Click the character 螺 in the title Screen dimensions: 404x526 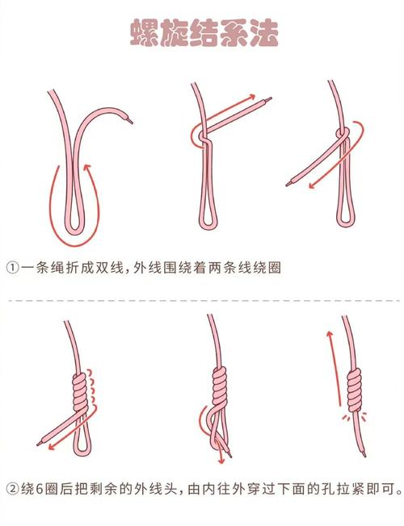[x=145, y=33]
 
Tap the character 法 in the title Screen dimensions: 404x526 [x=264, y=33]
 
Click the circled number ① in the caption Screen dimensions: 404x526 [x=13, y=268]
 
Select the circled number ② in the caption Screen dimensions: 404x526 [x=13, y=489]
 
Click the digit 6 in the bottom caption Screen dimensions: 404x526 [x=39, y=489]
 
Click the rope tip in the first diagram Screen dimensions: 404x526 [x=130, y=121]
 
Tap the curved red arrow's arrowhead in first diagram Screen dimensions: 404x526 [x=87, y=167]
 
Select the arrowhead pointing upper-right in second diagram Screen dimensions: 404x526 [x=251, y=97]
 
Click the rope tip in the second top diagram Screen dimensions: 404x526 [x=268, y=99]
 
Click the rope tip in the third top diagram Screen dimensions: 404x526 [x=289, y=184]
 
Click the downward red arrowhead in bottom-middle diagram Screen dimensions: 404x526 [x=221, y=461]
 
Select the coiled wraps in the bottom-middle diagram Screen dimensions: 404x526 [x=220, y=387]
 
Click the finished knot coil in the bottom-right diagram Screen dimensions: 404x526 [x=354, y=390]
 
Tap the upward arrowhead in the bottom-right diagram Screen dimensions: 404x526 [x=330, y=335]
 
